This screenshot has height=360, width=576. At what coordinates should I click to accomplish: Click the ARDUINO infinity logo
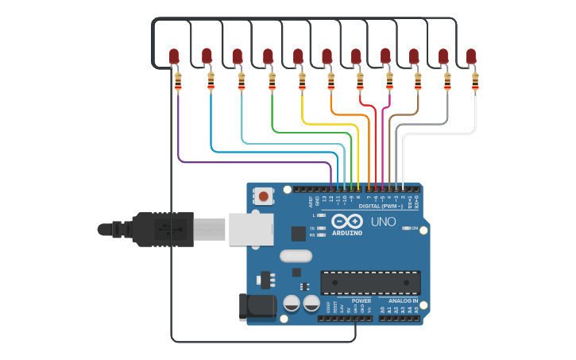[347, 221]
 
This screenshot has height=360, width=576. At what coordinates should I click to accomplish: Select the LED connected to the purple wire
[175, 56]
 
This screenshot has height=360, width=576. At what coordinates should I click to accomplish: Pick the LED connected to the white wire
[472, 56]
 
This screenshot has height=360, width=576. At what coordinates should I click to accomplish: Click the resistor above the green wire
[272, 80]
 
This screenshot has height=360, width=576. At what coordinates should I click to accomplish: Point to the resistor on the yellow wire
[302, 80]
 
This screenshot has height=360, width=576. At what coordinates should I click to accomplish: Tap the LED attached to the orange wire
[327, 56]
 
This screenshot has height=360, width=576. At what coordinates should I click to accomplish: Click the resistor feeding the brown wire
[418, 80]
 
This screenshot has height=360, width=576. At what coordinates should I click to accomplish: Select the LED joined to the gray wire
[443, 56]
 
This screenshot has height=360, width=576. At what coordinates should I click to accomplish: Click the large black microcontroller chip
[370, 282]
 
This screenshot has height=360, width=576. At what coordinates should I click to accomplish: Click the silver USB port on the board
[250, 229]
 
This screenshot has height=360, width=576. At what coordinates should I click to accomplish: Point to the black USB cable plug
[163, 230]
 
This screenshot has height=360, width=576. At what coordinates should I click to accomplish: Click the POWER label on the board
[361, 301]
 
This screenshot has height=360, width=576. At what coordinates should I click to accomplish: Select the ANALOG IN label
[404, 301]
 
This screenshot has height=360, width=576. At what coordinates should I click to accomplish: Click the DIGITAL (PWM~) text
[381, 206]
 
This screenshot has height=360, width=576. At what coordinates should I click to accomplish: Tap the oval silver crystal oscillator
[296, 256]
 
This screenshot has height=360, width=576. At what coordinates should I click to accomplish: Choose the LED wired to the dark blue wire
[207, 56]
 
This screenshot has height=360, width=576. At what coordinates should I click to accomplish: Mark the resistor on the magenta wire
[389, 80]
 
